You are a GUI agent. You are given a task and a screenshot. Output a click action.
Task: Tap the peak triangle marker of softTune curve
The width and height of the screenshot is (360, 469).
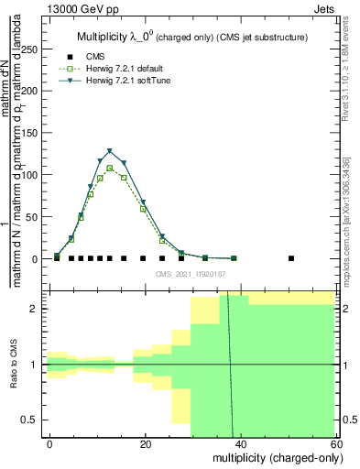tap(110, 151)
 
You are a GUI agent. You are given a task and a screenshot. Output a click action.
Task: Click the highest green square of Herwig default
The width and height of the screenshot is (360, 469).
tap(110, 168)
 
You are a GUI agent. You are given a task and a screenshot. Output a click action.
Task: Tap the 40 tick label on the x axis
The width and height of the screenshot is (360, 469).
tap(240, 444)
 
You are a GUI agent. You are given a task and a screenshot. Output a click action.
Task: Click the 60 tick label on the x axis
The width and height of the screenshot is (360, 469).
tap(334, 444)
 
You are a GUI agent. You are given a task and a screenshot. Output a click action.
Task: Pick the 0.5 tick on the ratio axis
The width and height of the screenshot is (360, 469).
tap(35, 420)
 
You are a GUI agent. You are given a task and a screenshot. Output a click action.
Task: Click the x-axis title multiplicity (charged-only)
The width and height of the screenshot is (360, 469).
tap(273, 457)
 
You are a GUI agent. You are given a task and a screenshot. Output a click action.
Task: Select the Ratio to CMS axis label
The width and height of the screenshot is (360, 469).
tap(15, 364)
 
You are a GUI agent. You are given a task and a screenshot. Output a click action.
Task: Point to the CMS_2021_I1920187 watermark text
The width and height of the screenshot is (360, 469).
tap(191, 274)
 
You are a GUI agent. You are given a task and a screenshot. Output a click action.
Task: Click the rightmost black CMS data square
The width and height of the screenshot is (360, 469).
tap(291, 258)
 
